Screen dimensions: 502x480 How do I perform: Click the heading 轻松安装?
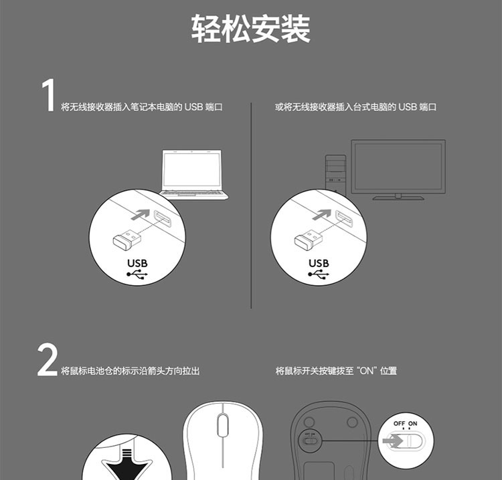251,29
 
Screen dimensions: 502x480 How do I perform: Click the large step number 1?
48,96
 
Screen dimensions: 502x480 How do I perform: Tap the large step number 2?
48,359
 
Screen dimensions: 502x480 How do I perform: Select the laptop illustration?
194,175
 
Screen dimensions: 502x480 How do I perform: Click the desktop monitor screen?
398,167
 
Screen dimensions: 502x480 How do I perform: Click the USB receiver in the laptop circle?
127,239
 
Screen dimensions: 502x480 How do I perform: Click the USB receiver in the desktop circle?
309,239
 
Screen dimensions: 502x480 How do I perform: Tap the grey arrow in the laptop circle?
141,214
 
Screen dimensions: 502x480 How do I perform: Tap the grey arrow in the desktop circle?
322,214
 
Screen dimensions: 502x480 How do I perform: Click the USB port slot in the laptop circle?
163,219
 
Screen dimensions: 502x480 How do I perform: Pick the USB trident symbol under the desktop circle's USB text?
319,274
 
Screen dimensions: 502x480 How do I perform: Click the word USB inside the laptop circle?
137,263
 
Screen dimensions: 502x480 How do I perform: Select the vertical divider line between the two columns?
251,206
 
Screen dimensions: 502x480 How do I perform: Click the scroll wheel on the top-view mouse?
223,425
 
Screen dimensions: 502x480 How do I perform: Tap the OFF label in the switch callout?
399,423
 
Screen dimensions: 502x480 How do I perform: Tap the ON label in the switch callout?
413,423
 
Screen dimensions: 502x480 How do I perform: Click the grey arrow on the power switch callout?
392,441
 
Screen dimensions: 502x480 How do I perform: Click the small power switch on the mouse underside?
309,441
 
